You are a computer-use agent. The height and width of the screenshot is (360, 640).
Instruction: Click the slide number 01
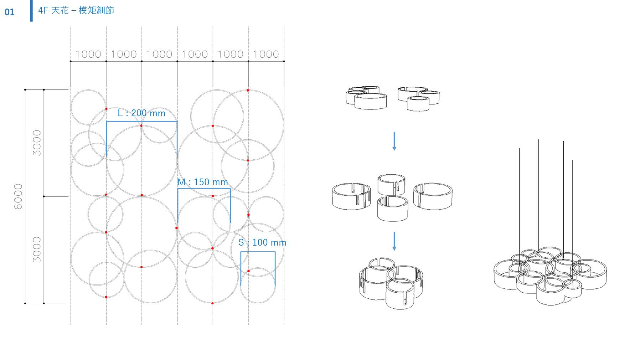(x=9, y=12)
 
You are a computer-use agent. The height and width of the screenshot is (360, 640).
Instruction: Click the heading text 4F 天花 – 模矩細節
(x=76, y=10)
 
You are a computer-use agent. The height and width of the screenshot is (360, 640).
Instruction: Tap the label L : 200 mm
(x=141, y=113)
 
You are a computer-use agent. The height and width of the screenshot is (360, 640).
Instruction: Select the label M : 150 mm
(x=203, y=182)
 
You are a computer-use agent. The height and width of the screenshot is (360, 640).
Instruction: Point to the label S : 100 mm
(x=262, y=243)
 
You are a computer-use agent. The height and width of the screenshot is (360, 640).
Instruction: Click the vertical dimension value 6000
(x=18, y=196)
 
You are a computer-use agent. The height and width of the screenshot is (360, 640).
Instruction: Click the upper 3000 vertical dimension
(x=37, y=143)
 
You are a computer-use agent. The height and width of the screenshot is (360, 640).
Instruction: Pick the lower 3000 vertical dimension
(x=37, y=250)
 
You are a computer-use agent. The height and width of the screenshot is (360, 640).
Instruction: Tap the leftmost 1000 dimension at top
(x=88, y=54)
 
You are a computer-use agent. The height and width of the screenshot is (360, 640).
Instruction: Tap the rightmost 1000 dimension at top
(x=266, y=54)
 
